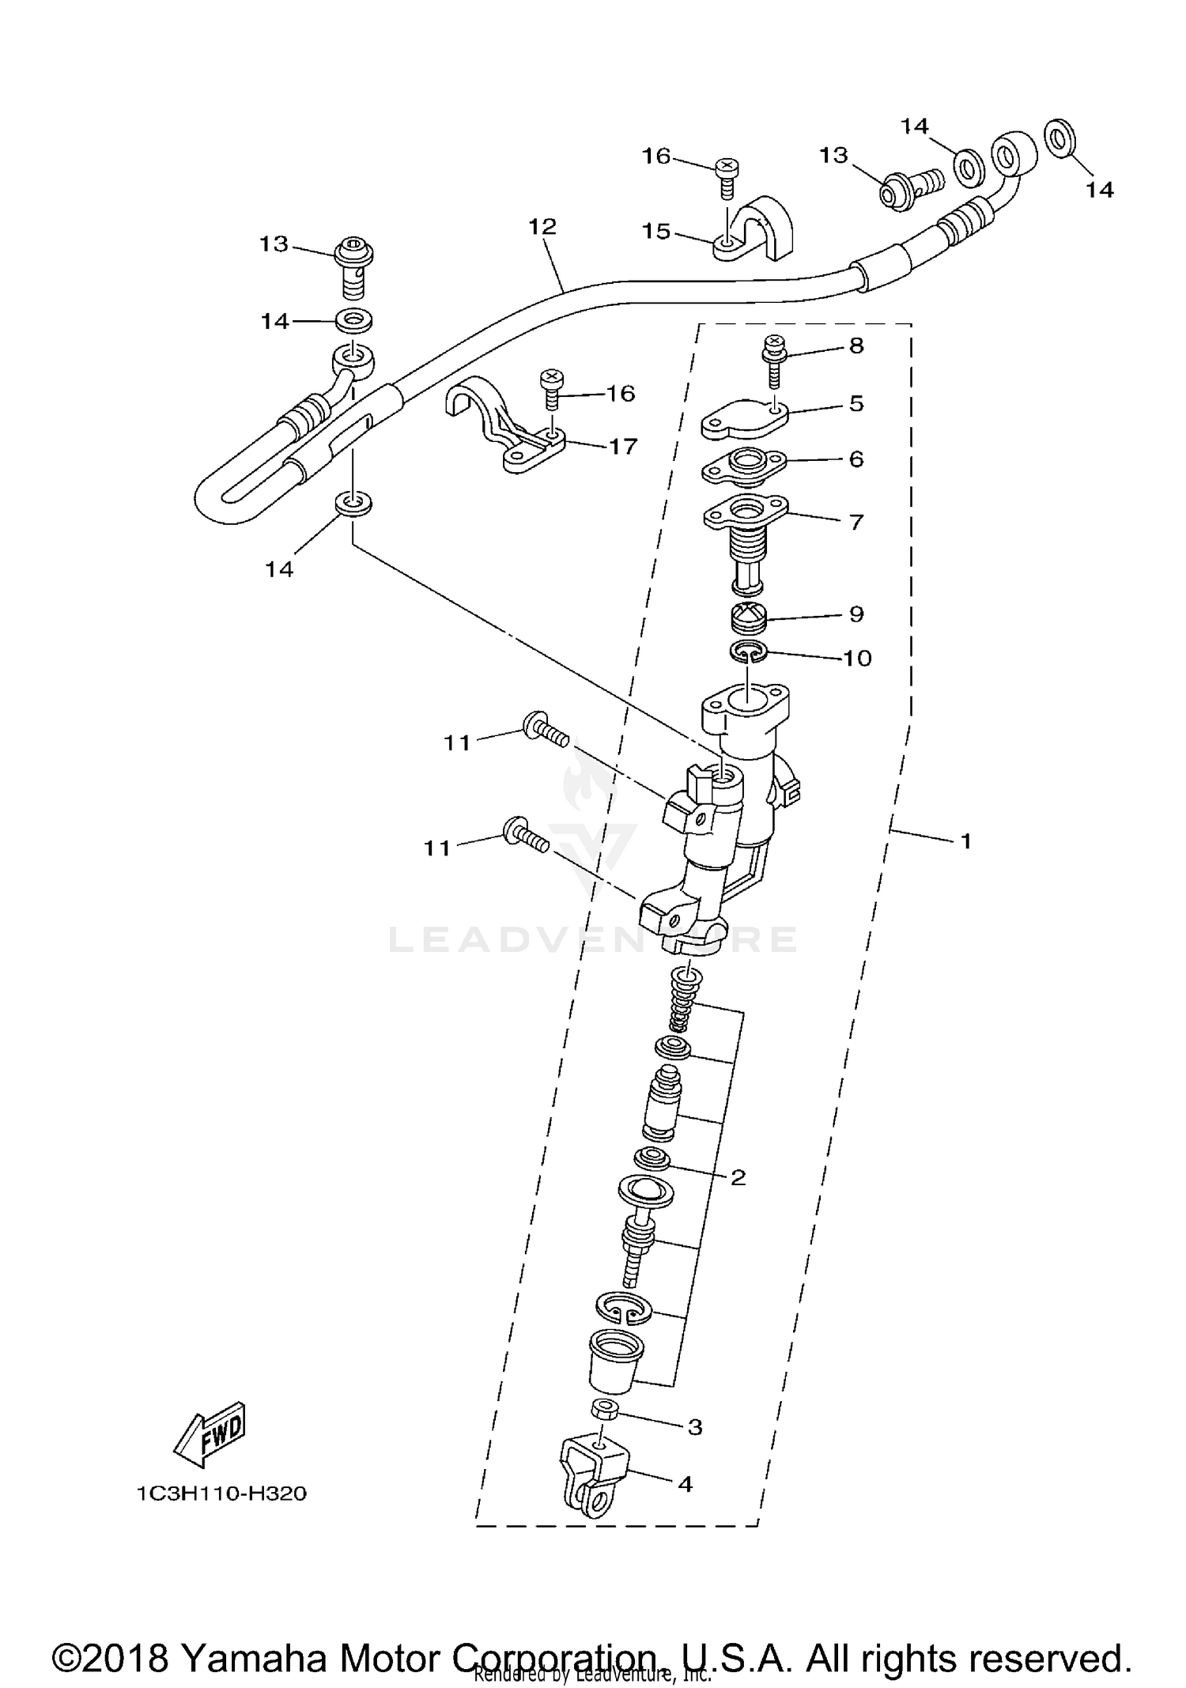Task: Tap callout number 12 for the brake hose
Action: tap(542, 227)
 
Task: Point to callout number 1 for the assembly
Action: tap(965, 841)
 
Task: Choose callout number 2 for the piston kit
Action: tap(738, 1200)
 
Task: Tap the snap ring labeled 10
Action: tap(748, 652)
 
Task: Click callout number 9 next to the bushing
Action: tap(856, 614)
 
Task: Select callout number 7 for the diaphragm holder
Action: tap(856, 522)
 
